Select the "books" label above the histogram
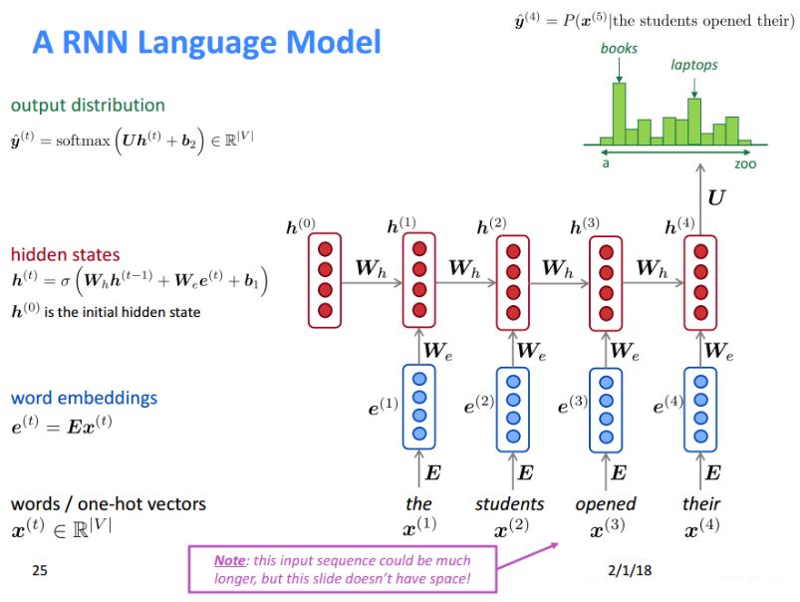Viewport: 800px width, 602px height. (619, 48)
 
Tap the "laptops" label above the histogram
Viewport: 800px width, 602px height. (693, 65)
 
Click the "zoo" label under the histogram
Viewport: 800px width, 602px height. (744, 162)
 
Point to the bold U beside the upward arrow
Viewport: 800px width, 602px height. (715, 198)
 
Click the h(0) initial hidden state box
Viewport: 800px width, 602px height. (324, 280)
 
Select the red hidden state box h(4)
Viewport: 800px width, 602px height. (700, 280)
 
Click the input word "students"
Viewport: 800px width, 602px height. (510, 503)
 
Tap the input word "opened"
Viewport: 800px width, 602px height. (605, 503)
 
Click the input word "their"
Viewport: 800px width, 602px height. (700, 503)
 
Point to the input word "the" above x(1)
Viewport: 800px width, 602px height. (418, 503)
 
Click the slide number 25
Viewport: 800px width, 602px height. (39, 571)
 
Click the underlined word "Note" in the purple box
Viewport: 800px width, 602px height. (230, 560)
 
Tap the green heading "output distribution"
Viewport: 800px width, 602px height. (88, 105)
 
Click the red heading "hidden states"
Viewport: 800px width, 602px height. (65, 254)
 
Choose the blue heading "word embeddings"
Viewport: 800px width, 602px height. (84, 398)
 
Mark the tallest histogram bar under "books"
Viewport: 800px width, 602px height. (619, 114)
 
